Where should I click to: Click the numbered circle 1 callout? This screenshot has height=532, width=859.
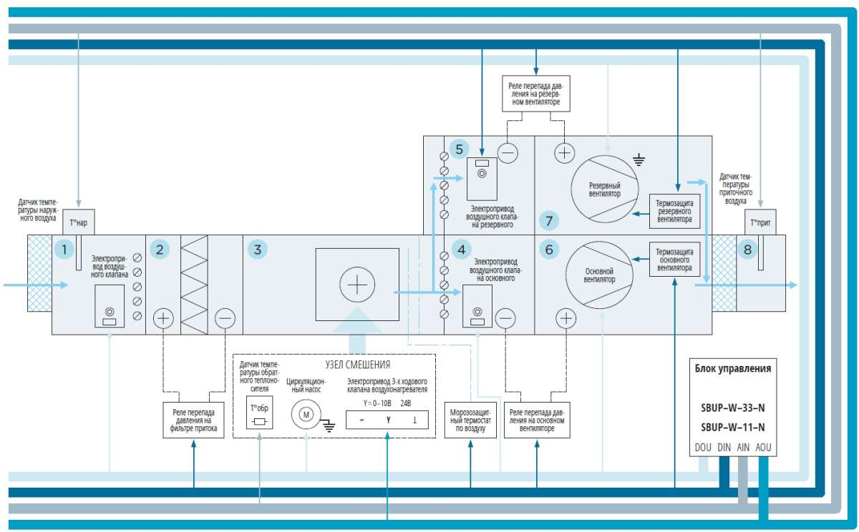64,250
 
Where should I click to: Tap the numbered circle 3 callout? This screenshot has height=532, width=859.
258,250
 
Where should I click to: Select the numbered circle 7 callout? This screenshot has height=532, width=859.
549,221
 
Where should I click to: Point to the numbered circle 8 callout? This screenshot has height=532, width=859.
747,250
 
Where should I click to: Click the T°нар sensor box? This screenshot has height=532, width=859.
79,222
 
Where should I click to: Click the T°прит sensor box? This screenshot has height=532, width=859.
760,222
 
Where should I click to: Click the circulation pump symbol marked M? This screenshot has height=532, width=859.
306,415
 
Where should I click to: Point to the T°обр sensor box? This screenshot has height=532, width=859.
260,412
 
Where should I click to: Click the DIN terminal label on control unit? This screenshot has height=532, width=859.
724,448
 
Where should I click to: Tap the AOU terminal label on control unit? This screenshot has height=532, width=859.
763,448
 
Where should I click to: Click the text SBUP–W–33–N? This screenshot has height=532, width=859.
733,408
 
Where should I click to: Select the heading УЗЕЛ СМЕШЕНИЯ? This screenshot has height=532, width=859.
358,365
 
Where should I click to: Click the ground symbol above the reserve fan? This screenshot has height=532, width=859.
639,159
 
